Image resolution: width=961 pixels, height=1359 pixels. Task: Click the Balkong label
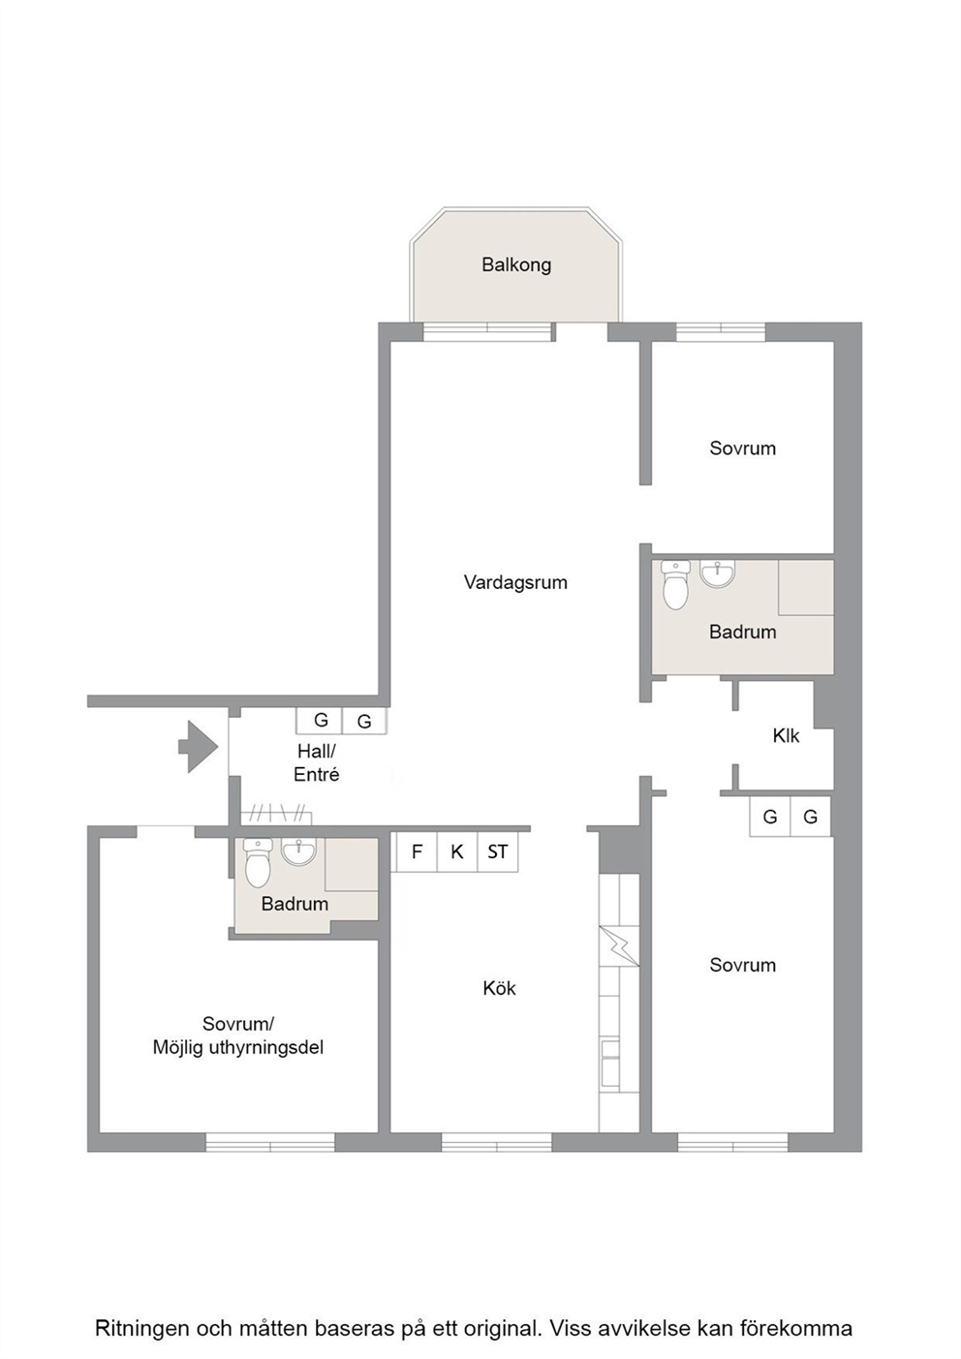click(516, 265)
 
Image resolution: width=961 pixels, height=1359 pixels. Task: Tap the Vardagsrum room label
click(515, 582)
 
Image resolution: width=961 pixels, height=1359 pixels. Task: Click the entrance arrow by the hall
click(198, 747)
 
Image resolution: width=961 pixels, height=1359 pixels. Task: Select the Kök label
click(499, 988)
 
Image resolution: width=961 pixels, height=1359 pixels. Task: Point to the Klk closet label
click(786, 736)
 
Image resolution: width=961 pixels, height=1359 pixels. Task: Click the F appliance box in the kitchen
click(417, 851)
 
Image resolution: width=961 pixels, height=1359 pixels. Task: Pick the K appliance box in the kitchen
click(457, 851)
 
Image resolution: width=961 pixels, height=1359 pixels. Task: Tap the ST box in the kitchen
click(498, 851)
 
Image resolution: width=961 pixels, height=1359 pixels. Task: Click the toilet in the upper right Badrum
click(675, 585)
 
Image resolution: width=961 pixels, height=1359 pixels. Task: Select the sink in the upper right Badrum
click(718, 573)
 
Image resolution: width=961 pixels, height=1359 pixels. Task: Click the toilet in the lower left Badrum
click(258, 863)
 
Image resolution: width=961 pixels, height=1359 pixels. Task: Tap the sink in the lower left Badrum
click(298, 851)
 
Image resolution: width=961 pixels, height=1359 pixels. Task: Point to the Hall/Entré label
click(316, 763)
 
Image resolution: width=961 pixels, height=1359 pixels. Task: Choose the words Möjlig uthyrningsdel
click(237, 1048)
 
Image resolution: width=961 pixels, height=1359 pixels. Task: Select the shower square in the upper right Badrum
click(806, 588)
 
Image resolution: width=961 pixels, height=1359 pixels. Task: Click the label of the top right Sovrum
click(743, 448)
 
